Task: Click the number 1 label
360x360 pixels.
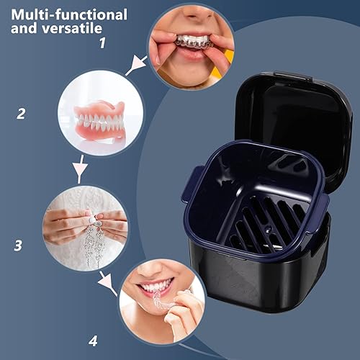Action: (102, 42)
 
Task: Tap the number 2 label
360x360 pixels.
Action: (22, 113)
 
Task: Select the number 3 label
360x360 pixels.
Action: (18, 244)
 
